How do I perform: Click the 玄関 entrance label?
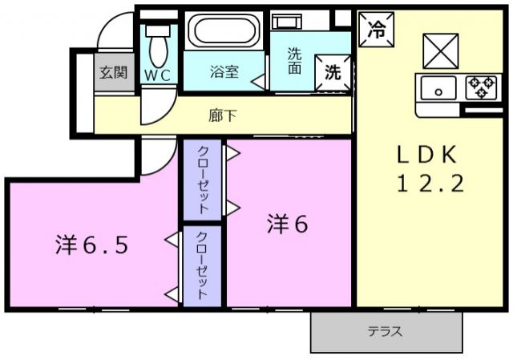[x=112, y=72]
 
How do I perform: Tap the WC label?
[x=158, y=75]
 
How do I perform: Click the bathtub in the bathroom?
[x=223, y=31]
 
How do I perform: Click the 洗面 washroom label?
[x=295, y=61]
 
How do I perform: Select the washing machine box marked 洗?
[x=332, y=72]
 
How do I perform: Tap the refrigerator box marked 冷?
[x=374, y=30]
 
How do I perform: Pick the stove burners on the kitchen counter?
[x=480, y=87]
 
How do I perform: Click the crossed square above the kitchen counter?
[x=441, y=51]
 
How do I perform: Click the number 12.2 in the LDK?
[x=430, y=184]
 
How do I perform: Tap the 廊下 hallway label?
[x=223, y=115]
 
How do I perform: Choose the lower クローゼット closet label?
[x=202, y=265]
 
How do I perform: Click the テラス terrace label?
[x=385, y=331]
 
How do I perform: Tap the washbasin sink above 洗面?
[x=285, y=22]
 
